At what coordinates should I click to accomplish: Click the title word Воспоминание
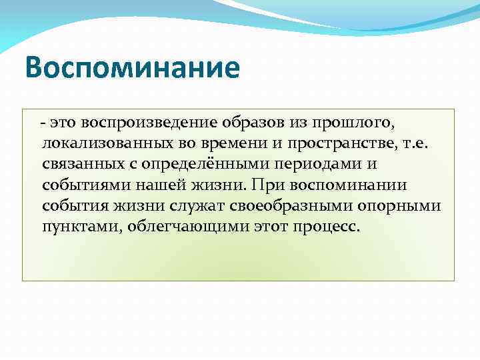point(131,69)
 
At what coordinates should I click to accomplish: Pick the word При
point(263,185)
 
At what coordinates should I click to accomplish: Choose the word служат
point(172,205)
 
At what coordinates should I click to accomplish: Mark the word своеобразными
point(273,205)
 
